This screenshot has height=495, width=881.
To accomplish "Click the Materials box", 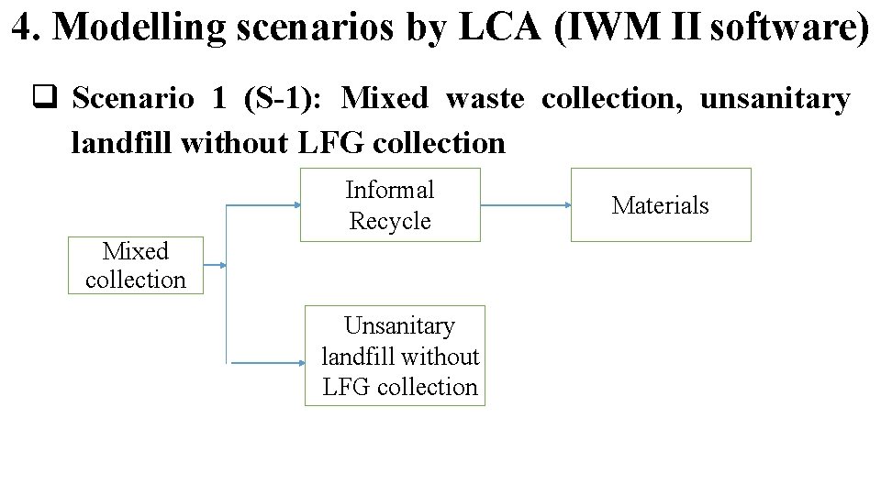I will click(x=661, y=205).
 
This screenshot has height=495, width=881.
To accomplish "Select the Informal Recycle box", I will click(x=390, y=205).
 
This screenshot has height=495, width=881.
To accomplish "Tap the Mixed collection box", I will click(x=136, y=266).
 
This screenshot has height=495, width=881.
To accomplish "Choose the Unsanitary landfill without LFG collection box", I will click(x=400, y=356).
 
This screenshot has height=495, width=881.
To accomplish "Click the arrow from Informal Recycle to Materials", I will click(x=525, y=205).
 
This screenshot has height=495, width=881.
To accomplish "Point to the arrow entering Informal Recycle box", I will click(x=264, y=205).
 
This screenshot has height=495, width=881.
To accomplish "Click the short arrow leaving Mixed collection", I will click(x=215, y=266).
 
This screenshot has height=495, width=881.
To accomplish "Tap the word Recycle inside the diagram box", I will click(x=390, y=222).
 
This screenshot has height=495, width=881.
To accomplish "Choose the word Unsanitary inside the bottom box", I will click(x=399, y=326).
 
